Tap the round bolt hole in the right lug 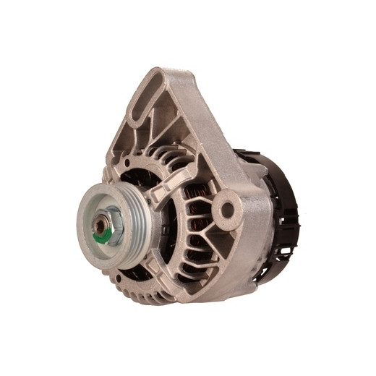pyautogui.click(x=228, y=210)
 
